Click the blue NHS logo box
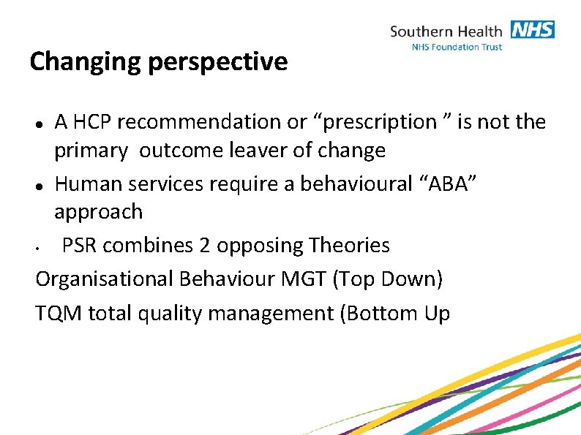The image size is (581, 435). [x=533, y=30]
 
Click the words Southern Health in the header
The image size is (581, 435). [x=446, y=31]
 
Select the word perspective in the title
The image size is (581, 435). [x=217, y=62]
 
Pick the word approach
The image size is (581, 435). [x=98, y=212]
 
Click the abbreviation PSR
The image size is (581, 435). [x=80, y=246]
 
